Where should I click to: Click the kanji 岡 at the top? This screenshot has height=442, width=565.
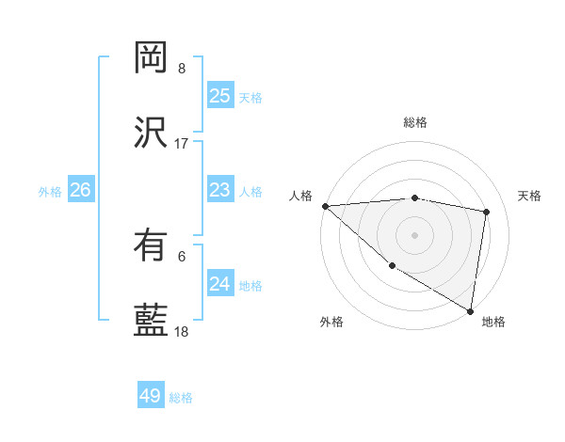(151, 58)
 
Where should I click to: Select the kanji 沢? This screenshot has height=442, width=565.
(151, 133)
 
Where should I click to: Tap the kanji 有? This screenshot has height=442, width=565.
(151, 245)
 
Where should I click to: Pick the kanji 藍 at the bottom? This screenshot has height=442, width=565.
(151, 321)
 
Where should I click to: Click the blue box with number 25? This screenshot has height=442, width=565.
(219, 96)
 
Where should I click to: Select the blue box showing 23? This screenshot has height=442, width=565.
(219, 191)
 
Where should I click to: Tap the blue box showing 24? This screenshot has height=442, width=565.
(219, 284)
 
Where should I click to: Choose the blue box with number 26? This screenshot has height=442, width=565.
(80, 190)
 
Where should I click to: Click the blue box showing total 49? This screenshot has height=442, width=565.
(151, 396)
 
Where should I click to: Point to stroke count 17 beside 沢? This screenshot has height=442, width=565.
(181, 144)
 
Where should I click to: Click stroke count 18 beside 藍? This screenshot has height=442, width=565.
(181, 332)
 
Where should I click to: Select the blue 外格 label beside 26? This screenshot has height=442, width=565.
(50, 191)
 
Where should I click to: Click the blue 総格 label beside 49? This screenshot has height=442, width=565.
(181, 398)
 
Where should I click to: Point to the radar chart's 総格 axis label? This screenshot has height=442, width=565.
(414, 122)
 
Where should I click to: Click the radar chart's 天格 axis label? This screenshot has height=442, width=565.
(530, 196)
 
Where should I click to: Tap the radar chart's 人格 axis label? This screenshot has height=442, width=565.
(300, 196)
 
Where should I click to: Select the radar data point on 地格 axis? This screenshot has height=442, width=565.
(471, 310)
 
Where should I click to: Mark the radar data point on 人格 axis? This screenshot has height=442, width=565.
(325, 206)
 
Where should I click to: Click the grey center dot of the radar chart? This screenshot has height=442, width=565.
(414, 234)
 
